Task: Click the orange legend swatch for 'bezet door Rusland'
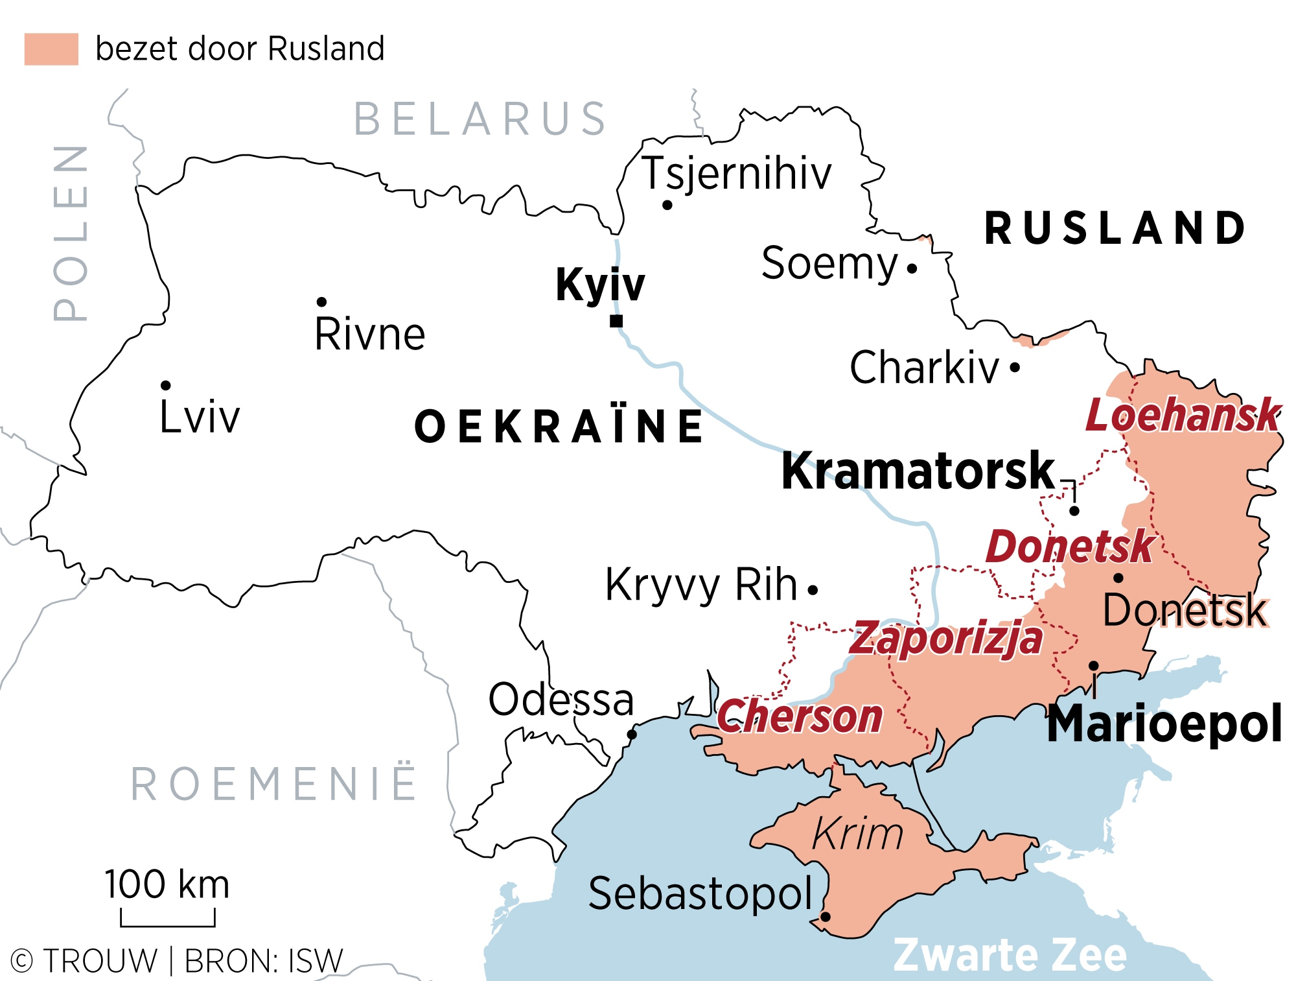(51, 49)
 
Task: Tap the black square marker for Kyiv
(616, 321)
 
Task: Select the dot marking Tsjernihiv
(667, 205)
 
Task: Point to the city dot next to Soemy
(912, 268)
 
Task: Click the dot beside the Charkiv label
(1015, 368)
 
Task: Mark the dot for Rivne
(321, 301)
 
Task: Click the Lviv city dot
(166, 385)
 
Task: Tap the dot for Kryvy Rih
(813, 589)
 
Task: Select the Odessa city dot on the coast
(632, 734)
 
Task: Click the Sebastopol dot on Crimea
(826, 917)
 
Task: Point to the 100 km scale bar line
(168, 925)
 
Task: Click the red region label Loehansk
(1183, 416)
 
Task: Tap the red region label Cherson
(800, 717)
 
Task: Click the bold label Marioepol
(1164, 724)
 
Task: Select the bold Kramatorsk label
(918, 471)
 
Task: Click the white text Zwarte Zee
(1010, 955)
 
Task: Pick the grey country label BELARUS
(480, 119)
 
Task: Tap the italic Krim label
(857, 834)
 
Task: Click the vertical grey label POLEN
(70, 233)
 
